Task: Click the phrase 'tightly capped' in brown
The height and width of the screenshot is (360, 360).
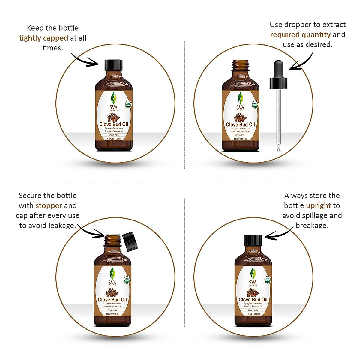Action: pyautogui.click(x=43, y=38)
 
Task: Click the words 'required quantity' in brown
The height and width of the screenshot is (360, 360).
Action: pyautogui.click(x=300, y=35)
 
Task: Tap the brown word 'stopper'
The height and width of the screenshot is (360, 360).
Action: pyautogui.click(x=49, y=206)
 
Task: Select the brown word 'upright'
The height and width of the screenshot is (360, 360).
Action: pyautogui.click(x=319, y=206)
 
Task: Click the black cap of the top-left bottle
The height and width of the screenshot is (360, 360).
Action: pyautogui.click(x=114, y=65)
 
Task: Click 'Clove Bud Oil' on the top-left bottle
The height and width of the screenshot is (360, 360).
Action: pyautogui.click(x=114, y=124)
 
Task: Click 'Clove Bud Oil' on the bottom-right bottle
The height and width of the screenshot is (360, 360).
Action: pyautogui.click(x=253, y=300)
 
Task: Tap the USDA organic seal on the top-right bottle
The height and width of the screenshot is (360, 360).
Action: pyautogui.click(x=255, y=104)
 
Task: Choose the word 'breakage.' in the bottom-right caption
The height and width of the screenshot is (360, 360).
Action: pyautogui.click(x=312, y=226)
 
